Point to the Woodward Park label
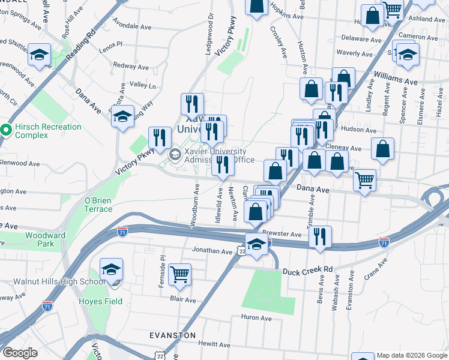point(45,240)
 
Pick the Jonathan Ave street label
point(211,251)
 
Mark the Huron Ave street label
point(257,317)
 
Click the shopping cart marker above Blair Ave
point(179,275)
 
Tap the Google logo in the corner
point(20,353)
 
